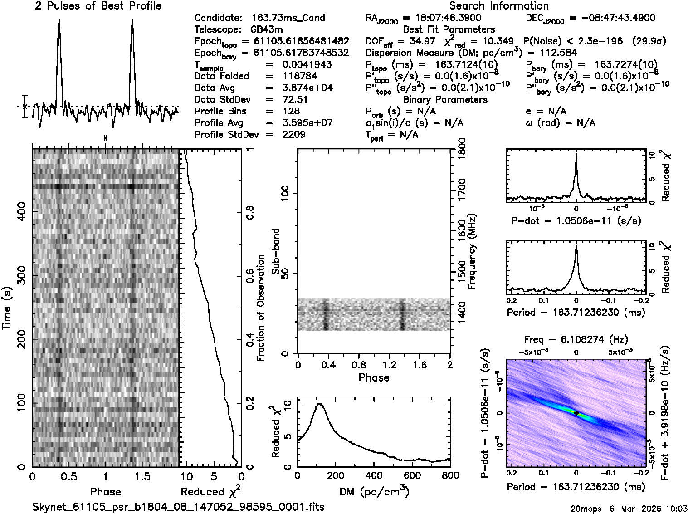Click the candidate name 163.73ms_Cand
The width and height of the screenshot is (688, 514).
[288, 18]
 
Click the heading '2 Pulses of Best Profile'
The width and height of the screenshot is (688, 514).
[98, 6]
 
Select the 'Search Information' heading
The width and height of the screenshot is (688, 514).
[499, 6]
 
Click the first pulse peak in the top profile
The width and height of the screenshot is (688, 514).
[59, 21]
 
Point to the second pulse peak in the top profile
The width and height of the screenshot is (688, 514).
[132, 21]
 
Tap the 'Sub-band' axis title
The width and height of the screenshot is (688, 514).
[275, 251]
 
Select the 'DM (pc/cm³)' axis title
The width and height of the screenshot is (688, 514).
[374, 492]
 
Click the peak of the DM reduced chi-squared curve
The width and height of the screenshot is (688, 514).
[320, 403]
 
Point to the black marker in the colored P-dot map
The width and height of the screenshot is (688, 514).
[576, 413]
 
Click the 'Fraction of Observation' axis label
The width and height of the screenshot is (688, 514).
[260, 308]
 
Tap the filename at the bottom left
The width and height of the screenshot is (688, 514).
[179, 507]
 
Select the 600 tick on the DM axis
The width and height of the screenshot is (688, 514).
[412, 476]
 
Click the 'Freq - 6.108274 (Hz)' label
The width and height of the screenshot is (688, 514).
[576, 339]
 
